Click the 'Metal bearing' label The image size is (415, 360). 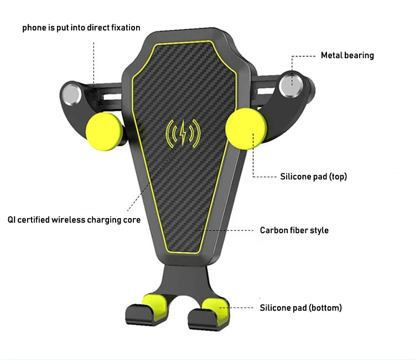347,55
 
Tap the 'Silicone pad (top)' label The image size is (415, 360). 314,177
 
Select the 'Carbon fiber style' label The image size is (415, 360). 294,230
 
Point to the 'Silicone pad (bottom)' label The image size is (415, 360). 300,307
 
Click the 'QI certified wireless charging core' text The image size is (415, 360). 74,220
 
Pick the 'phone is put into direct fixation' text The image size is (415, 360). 81,28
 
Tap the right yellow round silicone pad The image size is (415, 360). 243,128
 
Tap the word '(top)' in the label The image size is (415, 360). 337,177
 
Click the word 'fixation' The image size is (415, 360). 124,28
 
